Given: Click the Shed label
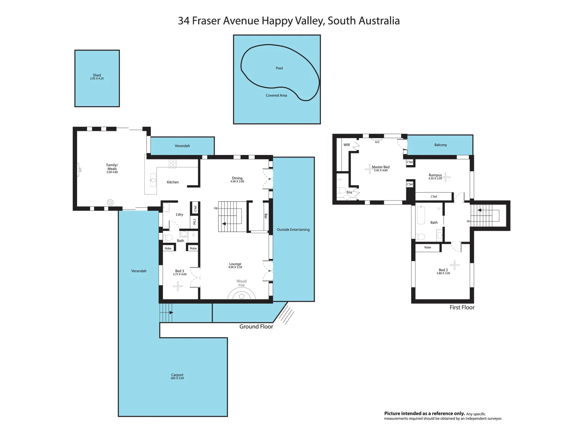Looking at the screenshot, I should (x=97, y=75).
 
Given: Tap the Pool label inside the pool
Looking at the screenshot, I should (x=279, y=68).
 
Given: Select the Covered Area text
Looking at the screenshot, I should (x=276, y=95).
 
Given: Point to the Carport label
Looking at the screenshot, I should (x=177, y=375).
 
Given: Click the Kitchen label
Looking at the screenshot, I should (x=173, y=182).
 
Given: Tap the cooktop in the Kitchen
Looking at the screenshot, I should (x=173, y=163).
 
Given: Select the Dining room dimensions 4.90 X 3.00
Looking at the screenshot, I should (x=237, y=182).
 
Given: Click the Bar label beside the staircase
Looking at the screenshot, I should (x=266, y=216).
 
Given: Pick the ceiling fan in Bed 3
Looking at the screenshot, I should (x=178, y=286).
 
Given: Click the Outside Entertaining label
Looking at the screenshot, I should (x=293, y=230).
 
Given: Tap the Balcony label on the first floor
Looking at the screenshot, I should (x=440, y=145).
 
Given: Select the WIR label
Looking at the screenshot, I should (x=347, y=145).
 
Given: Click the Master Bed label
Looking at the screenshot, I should (x=381, y=167).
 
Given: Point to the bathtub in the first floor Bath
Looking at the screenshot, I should (x=421, y=215).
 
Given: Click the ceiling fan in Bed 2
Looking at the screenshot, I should (x=455, y=265).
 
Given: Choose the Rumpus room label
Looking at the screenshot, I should (x=435, y=175).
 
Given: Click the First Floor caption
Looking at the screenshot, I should (x=462, y=307).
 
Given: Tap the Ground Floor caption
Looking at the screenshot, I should (x=256, y=327).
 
